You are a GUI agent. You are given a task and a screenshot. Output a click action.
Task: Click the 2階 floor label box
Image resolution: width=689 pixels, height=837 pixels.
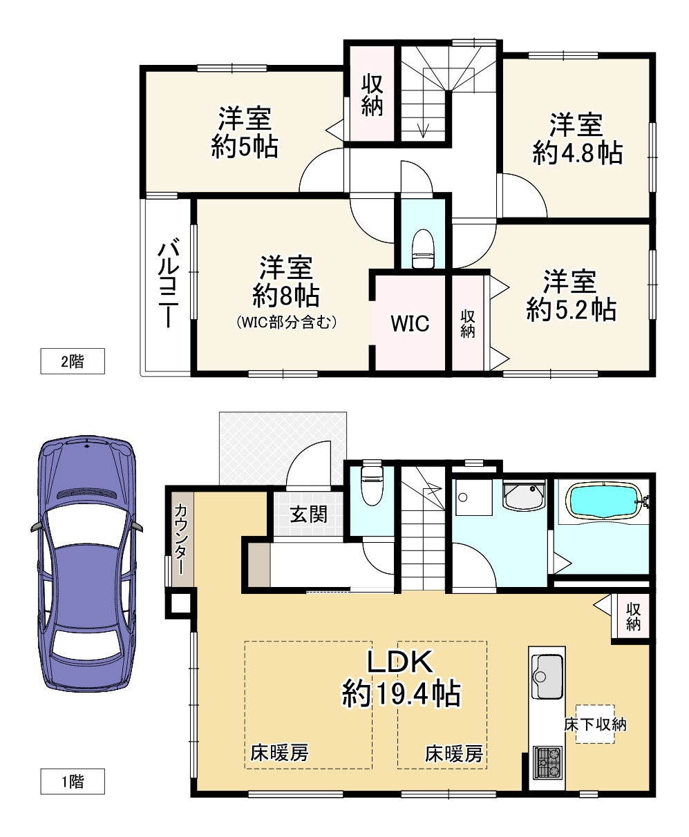tap(73, 361)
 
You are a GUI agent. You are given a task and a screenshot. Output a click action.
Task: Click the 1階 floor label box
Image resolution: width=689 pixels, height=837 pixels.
tap(73, 782)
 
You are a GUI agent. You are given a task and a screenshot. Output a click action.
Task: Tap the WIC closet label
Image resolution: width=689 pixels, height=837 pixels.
tap(410, 323)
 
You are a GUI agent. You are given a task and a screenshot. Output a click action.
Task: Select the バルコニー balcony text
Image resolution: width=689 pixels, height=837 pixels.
tap(169, 282)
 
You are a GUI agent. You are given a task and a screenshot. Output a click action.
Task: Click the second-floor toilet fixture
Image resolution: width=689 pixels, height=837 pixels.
tap(422, 249)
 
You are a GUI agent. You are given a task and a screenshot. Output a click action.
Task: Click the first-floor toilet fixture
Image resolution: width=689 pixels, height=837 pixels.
tap(372, 485)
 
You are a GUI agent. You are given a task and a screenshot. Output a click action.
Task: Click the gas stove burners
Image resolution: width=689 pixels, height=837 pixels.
tap(547, 761)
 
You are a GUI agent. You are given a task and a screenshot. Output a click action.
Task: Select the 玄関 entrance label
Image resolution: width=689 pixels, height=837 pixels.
tap(308, 514)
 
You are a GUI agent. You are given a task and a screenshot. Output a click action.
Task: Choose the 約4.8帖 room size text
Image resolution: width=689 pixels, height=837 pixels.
tap(578, 153)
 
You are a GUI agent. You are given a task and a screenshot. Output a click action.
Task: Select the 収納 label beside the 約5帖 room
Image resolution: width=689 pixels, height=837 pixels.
tap(372, 95)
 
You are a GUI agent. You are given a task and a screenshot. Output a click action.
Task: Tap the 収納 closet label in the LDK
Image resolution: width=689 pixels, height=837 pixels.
tap(633, 617)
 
